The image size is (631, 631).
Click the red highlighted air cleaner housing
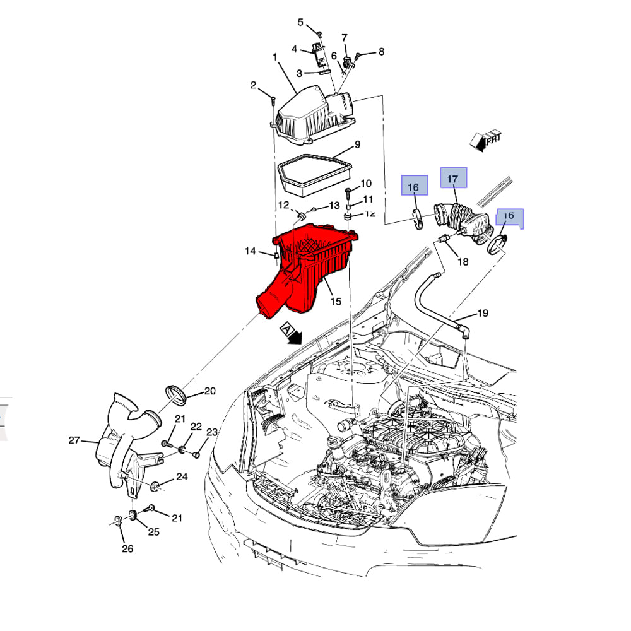309,265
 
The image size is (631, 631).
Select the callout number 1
275,57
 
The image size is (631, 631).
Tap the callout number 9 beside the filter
357,144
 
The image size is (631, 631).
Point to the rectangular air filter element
314,172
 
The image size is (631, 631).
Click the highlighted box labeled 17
453,179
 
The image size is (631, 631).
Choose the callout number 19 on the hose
482,313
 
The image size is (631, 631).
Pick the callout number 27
74,440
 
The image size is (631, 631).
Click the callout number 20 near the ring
210,391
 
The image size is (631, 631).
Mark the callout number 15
335,302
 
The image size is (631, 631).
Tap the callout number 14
251,251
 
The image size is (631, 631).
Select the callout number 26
127,548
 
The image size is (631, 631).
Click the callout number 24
182,476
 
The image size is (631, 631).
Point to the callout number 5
301,23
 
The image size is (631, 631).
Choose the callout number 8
380,52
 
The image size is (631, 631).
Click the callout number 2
253,85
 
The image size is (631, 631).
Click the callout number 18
463,261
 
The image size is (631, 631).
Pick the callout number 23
212,432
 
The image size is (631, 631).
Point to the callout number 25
153,532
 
